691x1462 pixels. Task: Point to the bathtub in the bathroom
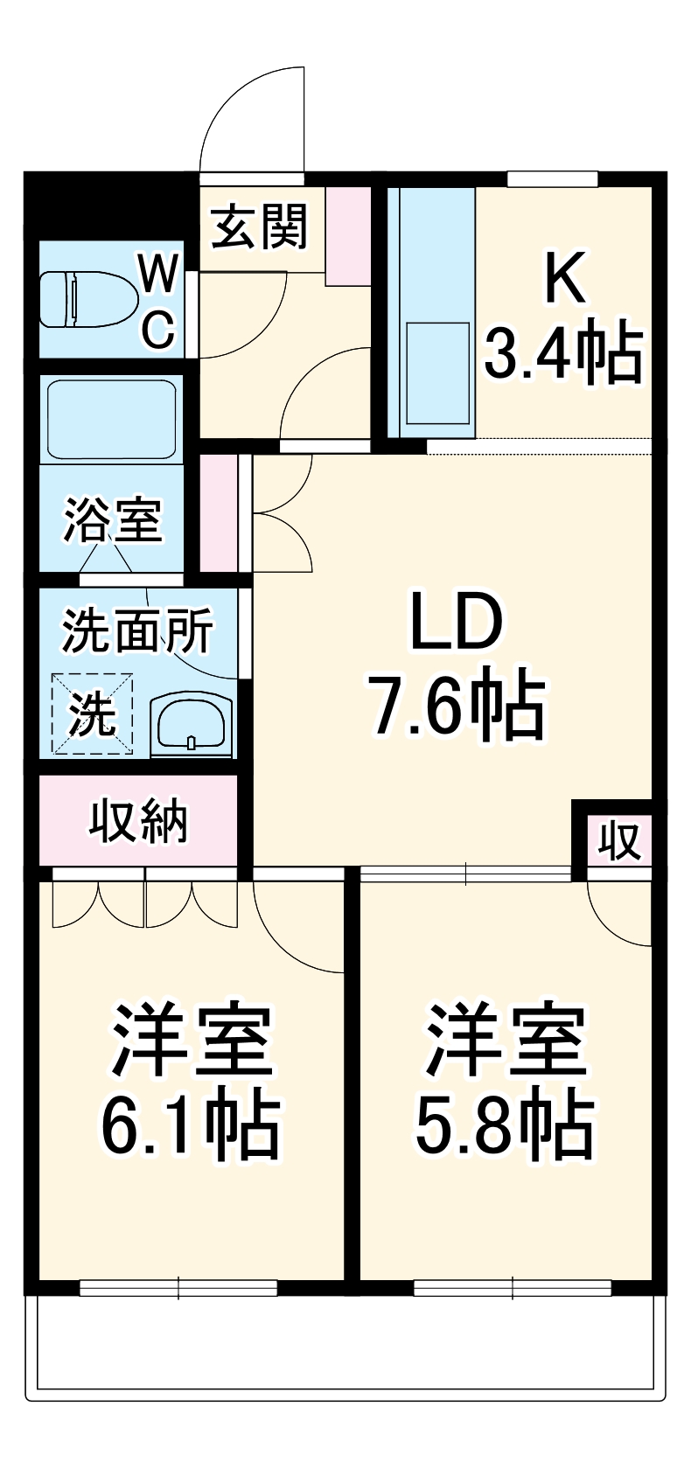click(x=111, y=419)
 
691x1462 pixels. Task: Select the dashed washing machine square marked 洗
click(x=92, y=714)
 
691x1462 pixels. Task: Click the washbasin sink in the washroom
click(x=192, y=724)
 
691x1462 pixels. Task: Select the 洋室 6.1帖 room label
click(x=191, y=1082)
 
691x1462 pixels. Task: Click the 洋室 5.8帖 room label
click(x=505, y=1082)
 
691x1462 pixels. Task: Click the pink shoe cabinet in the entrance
click(x=348, y=235)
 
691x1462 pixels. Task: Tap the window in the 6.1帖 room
click(x=178, y=1287)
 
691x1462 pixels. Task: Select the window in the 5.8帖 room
click(x=512, y=1287)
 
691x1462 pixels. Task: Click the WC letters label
click(x=160, y=302)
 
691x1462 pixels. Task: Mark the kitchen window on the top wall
click(x=553, y=179)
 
